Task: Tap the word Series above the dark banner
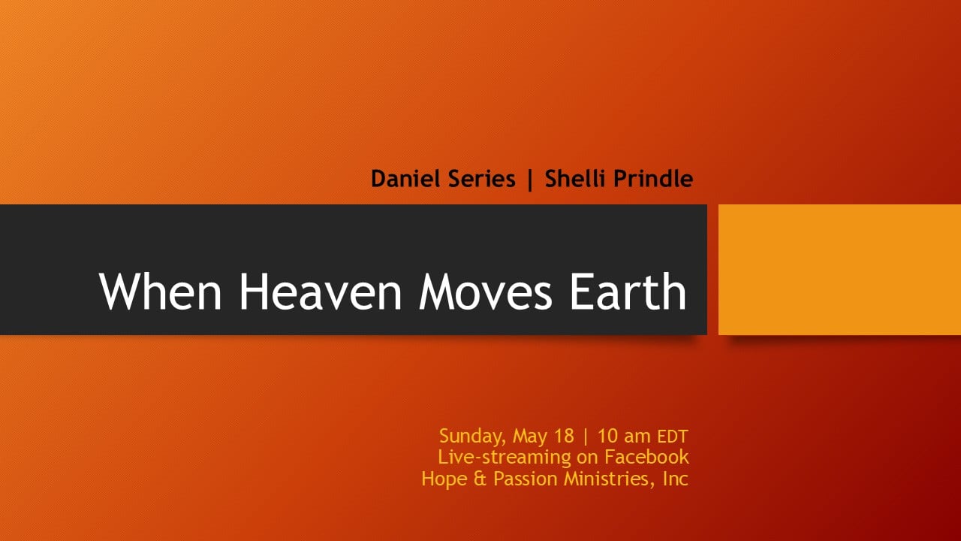481,179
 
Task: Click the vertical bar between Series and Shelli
530,180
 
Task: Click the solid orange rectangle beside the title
839,270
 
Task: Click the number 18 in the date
564,436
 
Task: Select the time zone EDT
673,437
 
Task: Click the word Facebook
646,457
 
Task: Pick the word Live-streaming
505,458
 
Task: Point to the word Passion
525,479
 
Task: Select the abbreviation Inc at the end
676,479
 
